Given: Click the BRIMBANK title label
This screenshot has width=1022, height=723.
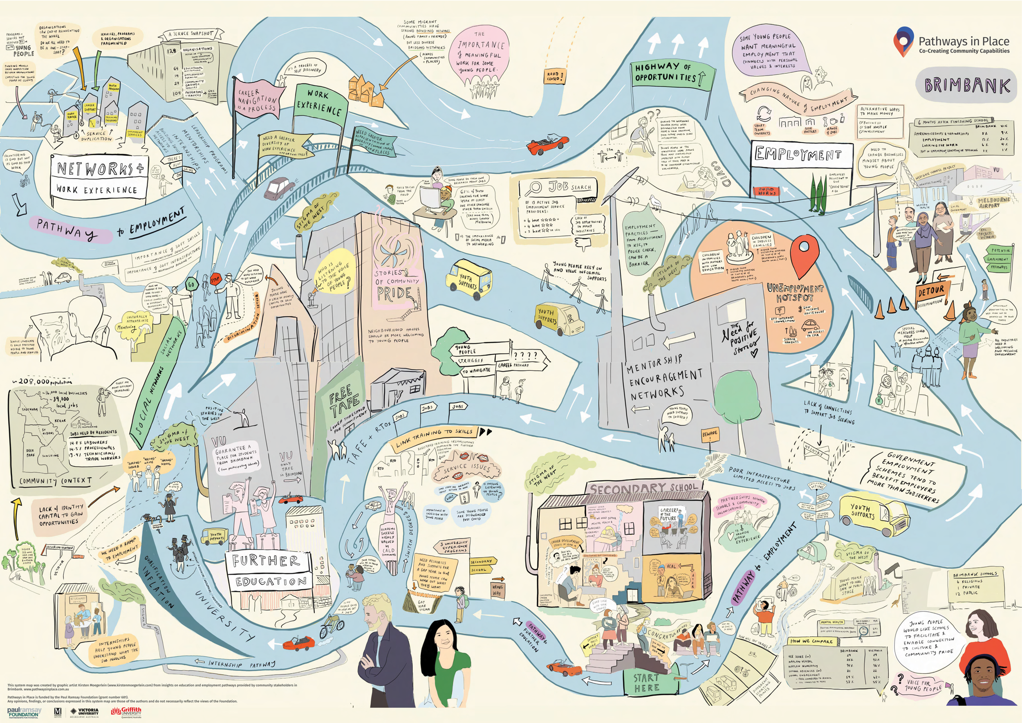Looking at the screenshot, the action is coord(967,85).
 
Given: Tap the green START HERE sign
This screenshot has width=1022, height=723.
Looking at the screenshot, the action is coord(646,683).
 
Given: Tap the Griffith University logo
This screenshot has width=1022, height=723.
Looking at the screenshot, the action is coord(126,712).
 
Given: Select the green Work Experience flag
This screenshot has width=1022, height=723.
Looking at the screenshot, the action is coord(319,102).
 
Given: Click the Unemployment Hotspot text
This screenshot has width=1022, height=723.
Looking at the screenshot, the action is coord(795,293).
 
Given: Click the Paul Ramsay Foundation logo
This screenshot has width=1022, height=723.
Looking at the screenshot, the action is coord(24,712).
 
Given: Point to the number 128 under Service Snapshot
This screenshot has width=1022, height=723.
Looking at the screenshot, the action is coord(172,51).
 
